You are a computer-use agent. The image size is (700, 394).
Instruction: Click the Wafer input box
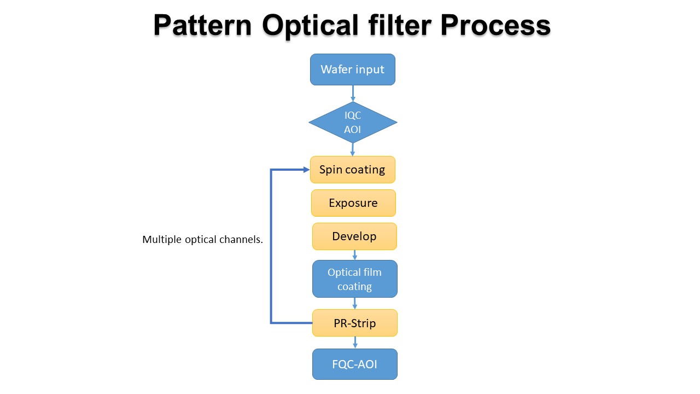[353, 69]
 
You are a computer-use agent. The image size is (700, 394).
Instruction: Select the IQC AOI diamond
[353, 122]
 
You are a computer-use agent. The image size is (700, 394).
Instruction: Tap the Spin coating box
[353, 170]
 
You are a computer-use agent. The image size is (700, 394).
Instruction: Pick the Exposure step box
[353, 203]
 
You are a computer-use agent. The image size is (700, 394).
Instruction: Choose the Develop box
[354, 236]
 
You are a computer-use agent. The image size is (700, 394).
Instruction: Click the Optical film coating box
[354, 279]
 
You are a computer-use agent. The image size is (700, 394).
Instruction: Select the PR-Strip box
[354, 323]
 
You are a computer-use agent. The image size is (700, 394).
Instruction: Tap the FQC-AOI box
[354, 364]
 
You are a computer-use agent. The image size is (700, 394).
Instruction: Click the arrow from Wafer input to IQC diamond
[353, 94]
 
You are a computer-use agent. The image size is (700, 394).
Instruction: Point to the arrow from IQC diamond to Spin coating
[353, 149]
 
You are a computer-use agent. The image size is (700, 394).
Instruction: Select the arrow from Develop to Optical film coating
[355, 255]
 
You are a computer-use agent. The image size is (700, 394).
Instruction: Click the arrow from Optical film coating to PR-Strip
[355, 304]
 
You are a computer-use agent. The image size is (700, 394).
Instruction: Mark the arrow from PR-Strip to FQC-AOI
[355, 343]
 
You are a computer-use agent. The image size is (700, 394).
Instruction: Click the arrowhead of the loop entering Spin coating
[306, 170]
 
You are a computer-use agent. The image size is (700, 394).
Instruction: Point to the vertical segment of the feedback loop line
[271, 246]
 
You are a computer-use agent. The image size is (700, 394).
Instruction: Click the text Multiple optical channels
[202, 240]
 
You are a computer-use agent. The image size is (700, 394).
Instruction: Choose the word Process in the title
[495, 26]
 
